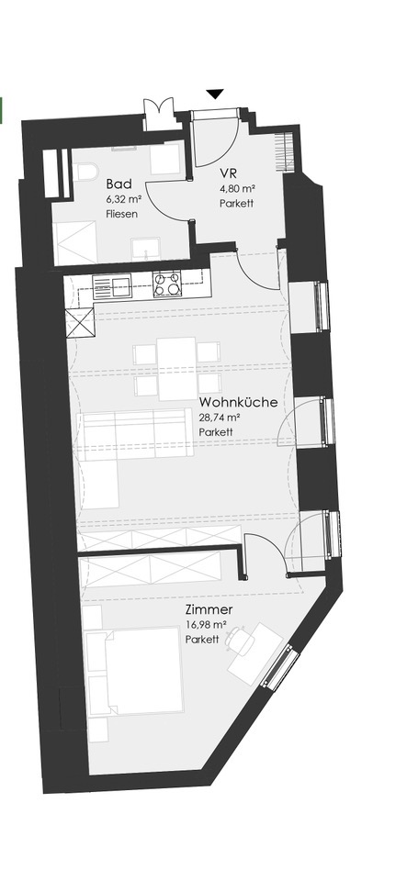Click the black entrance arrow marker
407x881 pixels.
pos(215,94)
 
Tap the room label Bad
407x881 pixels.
pos(119,184)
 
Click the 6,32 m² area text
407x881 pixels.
pos(122,199)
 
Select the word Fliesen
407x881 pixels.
pos(121,214)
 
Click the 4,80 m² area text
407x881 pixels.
pos(236,189)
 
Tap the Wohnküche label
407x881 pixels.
pos(238,402)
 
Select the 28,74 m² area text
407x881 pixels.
pos(220,418)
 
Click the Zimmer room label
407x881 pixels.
pos(209,609)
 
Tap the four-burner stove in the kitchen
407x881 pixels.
pos(167,284)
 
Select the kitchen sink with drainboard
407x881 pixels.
pos(111,287)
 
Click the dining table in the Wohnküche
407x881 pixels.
pos(176,369)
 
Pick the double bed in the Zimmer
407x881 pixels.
pos(135,672)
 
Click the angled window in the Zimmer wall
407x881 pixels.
pos(280,668)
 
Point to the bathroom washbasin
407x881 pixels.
pos(145,249)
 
